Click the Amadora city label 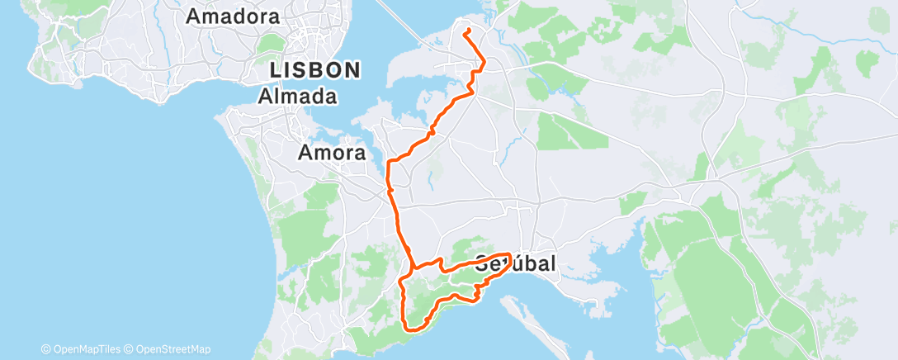234,16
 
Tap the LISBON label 315,70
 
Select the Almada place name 299,97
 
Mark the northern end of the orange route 467,31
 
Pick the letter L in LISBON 276,70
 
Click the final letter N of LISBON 353,70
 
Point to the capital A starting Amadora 195,16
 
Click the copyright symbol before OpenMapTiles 45,349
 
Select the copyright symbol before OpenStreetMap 130,349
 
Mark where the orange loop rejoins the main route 410,266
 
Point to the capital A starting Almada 267,97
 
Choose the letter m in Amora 319,154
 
